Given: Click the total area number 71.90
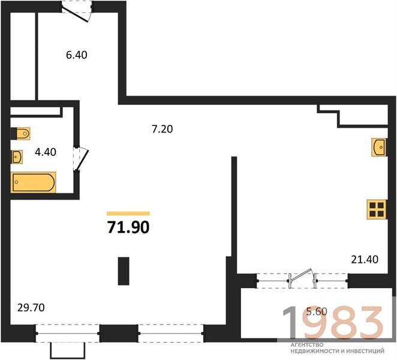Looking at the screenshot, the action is click(x=128, y=227).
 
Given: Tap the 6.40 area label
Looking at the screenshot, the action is click(x=77, y=55).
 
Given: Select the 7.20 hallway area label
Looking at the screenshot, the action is click(x=163, y=129).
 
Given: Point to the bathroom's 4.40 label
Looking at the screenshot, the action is click(x=46, y=152).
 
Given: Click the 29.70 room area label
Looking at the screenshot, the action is click(x=31, y=308).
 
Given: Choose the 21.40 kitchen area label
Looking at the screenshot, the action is click(x=365, y=259).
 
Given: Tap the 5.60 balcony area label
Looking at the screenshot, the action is click(x=317, y=311).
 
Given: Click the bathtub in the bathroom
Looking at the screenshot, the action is click(x=33, y=182).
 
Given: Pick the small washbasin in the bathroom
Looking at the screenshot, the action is click(x=17, y=157).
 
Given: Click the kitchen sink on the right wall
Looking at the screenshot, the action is click(x=379, y=147).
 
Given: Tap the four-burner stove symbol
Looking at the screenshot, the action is click(x=377, y=209).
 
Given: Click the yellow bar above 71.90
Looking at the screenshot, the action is click(x=128, y=214).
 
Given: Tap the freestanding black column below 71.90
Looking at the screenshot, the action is click(x=124, y=271).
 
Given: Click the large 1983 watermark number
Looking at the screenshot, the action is click(x=332, y=322).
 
